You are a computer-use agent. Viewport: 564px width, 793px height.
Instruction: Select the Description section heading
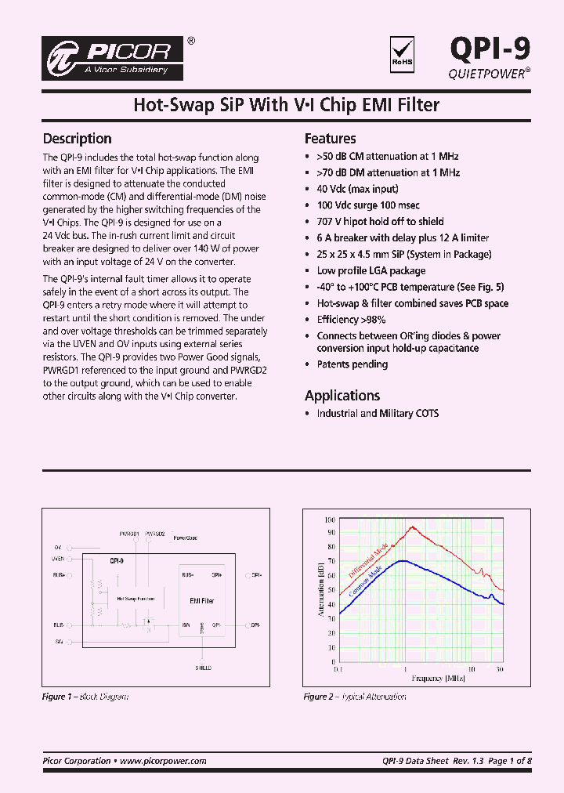tap(77, 139)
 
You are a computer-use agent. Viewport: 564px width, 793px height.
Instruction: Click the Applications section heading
tap(342, 396)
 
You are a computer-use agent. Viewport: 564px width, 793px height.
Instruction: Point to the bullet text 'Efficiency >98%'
tap(352, 320)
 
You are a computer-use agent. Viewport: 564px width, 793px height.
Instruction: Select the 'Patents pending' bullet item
tap(352, 364)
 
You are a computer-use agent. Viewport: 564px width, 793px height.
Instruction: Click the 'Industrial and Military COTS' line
tap(378, 413)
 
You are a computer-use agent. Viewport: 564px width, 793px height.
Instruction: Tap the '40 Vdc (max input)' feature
tap(357, 189)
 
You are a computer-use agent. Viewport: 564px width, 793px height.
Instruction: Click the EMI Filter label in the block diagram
tap(202, 601)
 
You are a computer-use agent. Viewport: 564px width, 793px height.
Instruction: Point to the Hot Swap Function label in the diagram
tap(136, 599)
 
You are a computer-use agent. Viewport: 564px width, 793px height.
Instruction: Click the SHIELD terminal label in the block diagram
tap(203, 668)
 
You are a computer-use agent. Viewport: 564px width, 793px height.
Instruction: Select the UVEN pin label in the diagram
tap(57, 559)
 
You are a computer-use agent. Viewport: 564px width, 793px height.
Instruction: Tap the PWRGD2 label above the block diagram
tap(155, 534)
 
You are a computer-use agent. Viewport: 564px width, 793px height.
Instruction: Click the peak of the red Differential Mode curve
tap(410, 527)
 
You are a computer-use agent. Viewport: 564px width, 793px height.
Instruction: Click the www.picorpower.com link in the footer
tap(163, 761)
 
